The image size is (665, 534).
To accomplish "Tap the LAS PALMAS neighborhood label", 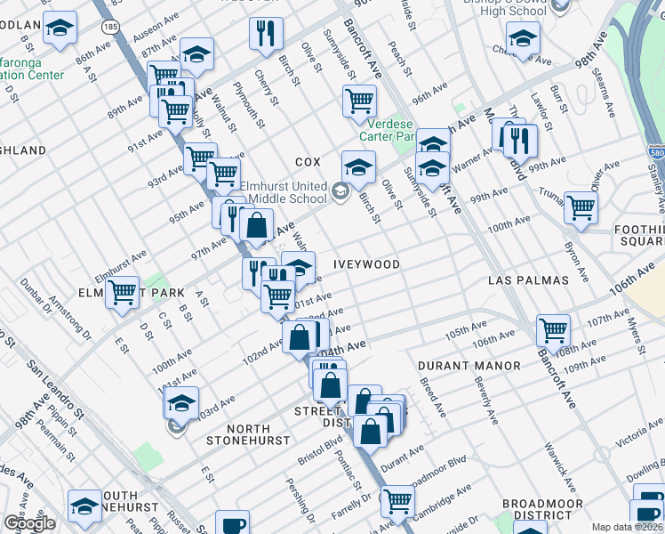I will (528, 279).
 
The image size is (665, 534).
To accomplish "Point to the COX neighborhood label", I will (308, 162).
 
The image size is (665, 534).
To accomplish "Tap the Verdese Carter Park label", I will (388, 131).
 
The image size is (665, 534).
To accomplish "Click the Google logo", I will (29, 522).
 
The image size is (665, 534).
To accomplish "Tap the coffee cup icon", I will (232, 524).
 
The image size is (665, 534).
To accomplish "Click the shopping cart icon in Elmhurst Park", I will (122, 292).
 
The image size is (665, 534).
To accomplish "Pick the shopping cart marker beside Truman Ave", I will (581, 207).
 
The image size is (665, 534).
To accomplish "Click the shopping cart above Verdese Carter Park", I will (359, 100).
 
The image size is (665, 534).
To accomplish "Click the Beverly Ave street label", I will (486, 401).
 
